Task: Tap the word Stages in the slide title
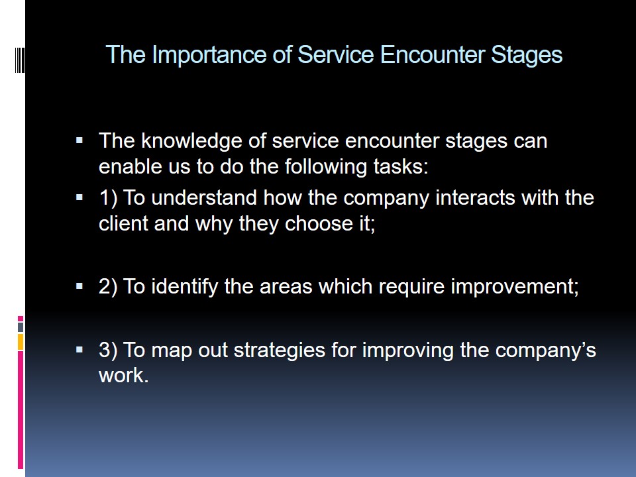527,55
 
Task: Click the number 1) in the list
108,198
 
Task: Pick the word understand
204,197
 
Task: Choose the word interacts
475,197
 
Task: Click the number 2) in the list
108,286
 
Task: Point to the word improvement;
515,287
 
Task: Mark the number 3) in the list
108,350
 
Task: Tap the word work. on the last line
124,375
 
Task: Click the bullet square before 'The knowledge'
79,140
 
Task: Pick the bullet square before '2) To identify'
79,286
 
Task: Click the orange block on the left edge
21,342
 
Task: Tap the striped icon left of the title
19,60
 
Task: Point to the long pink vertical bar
21,409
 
